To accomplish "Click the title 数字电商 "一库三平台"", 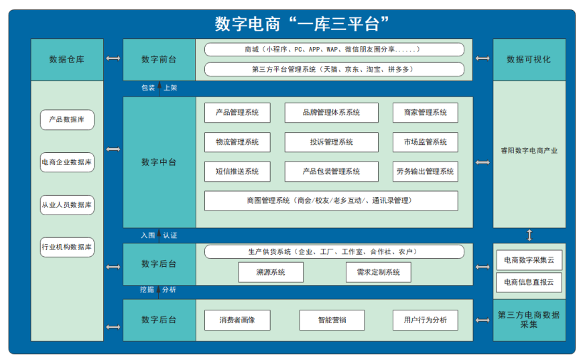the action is click(302, 24).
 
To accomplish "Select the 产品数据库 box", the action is click(67, 120).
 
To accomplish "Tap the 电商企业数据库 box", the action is click(67, 162).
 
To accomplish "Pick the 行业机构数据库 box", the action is click(67, 247).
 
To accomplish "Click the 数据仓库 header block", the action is click(67, 60).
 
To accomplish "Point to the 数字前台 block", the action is click(159, 60).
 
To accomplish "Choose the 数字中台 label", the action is click(159, 162).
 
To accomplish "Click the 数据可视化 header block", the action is click(529, 60).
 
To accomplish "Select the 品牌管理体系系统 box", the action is click(331, 113).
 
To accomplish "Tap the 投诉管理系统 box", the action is click(331, 142).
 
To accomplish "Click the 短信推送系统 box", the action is click(237, 172).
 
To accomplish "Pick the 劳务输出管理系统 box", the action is click(426, 172).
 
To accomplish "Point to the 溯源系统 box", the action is click(271, 272).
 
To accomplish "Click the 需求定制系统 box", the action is click(379, 272).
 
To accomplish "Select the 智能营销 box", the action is click(332, 320).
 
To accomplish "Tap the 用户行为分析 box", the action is click(426, 320).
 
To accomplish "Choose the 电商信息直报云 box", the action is click(529, 282).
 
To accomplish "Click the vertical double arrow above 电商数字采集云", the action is click(529, 235).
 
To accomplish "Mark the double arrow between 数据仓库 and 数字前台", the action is click(113, 58).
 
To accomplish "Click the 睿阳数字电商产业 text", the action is click(529, 151).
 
